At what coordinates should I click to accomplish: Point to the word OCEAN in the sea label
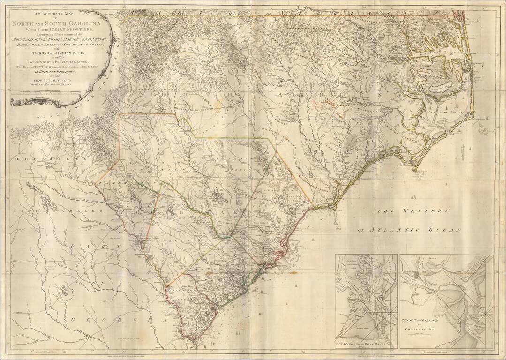[x=445, y=230]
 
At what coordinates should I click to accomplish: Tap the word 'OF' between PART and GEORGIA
[x=99, y=283]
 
